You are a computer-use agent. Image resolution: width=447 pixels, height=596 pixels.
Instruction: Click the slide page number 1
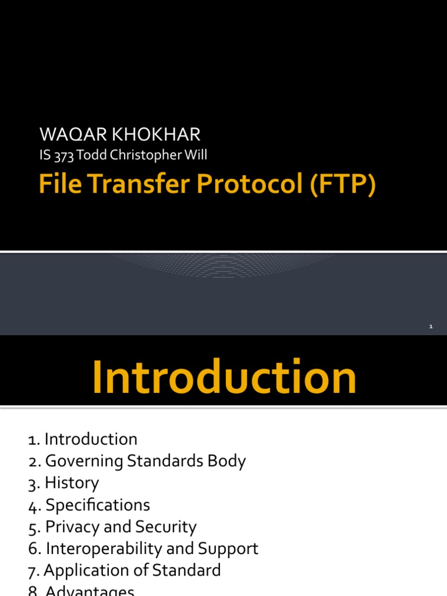431,327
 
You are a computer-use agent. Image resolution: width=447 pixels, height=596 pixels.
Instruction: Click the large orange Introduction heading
224,378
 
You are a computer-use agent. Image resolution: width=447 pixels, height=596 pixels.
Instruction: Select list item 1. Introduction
83,439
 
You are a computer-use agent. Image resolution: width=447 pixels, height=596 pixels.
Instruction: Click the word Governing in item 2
84,461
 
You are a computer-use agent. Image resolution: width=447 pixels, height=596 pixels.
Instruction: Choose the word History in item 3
72,483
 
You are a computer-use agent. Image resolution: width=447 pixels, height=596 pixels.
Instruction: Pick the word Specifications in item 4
98,505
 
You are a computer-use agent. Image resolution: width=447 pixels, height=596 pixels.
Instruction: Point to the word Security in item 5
166,527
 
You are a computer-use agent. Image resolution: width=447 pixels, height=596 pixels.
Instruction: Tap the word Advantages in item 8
90,591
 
